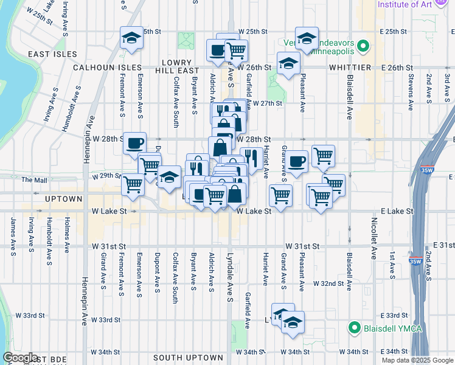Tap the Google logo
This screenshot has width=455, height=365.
point(21,358)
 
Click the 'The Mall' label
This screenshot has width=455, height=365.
point(33,179)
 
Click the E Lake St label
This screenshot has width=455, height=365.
point(397,211)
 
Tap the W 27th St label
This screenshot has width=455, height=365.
point(268,103)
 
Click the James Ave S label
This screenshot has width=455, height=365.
point(12,235)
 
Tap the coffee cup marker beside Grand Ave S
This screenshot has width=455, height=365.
point(297,161)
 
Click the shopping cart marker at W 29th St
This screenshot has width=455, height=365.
point(133,184)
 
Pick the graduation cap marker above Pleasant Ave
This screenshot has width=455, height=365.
point(307,38)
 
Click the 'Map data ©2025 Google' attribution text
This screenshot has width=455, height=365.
point(418,360)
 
